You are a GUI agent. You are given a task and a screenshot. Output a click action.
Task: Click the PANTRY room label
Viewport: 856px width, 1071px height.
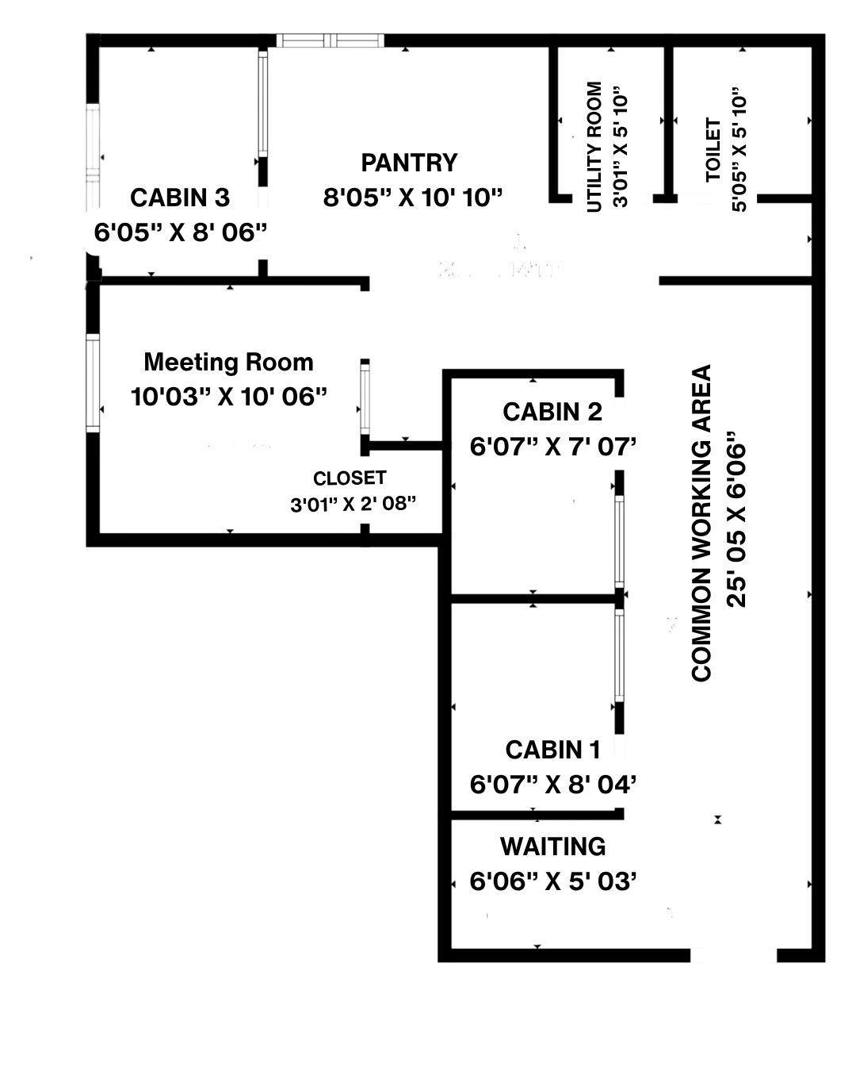[408, 163]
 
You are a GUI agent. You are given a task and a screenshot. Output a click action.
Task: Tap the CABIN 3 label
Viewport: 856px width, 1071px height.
[180, 198]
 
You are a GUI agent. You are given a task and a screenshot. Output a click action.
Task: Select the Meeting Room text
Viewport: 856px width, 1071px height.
[228, 362]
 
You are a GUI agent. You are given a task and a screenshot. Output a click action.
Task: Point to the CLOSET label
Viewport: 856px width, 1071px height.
[350, 478]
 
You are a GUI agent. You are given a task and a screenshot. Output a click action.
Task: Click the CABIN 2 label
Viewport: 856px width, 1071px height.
[552, 412]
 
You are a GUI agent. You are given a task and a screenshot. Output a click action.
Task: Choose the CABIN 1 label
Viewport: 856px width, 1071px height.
[552, 750]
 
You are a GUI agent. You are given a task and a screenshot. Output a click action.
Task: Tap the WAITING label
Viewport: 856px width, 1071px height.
[553, 846]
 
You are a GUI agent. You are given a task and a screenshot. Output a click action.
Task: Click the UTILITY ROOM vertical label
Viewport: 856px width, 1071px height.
[594, 148]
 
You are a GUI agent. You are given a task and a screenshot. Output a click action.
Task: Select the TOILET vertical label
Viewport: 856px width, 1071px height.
[713, 149]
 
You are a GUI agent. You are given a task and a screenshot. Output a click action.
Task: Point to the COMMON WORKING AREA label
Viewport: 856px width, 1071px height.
[701, 524]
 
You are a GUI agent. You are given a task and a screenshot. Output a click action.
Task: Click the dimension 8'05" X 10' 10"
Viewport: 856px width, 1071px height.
[413, 198]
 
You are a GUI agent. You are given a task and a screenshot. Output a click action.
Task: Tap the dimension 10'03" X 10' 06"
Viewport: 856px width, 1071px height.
[229, 397]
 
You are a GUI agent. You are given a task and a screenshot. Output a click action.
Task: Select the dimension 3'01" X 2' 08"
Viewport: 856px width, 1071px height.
[353, 505]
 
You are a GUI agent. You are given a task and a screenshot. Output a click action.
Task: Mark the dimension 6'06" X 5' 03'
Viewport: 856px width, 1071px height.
[553, 881]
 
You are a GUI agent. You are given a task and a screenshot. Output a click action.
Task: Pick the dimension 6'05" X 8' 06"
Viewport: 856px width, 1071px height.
[180, 232]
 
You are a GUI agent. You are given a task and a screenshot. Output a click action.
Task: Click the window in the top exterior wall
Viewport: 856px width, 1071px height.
[331, 40]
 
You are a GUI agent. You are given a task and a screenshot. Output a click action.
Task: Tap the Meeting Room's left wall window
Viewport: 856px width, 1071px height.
[93, 382]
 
